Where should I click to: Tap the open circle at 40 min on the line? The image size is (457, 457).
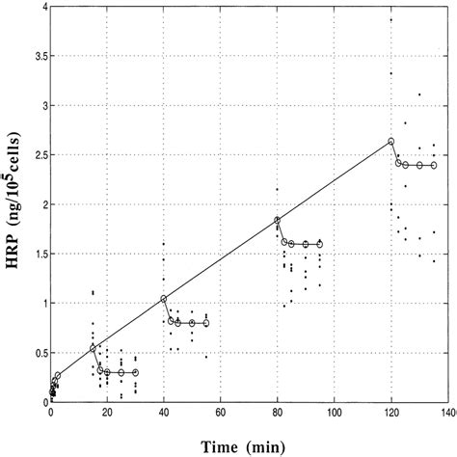(164, 299)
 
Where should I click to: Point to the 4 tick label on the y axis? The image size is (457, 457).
(40, 7)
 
